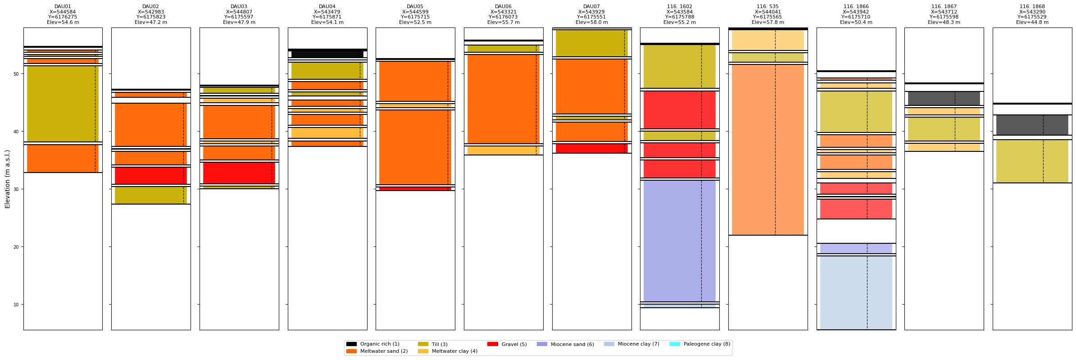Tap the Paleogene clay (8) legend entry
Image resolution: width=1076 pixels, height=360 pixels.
click(x=707, y=344)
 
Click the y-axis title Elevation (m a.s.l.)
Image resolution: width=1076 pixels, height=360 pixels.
click(x=8, y=179)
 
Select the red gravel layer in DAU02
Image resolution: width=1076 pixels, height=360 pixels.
click(x=150, y=175)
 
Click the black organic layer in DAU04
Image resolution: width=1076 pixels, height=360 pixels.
click(x=327, y=54)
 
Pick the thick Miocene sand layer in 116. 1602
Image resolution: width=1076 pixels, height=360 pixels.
click(x=679, y=241)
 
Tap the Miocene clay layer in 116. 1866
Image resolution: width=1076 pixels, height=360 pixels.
click(x=856, y=293)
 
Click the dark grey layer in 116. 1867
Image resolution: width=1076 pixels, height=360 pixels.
click(x=944, y=98)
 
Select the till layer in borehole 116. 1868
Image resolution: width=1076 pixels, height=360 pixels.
click(x=1032, y=161)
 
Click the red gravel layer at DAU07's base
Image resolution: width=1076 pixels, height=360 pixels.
click(x=591, y=148)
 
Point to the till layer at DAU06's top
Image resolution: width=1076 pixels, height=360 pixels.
click(x=503, y=49)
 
